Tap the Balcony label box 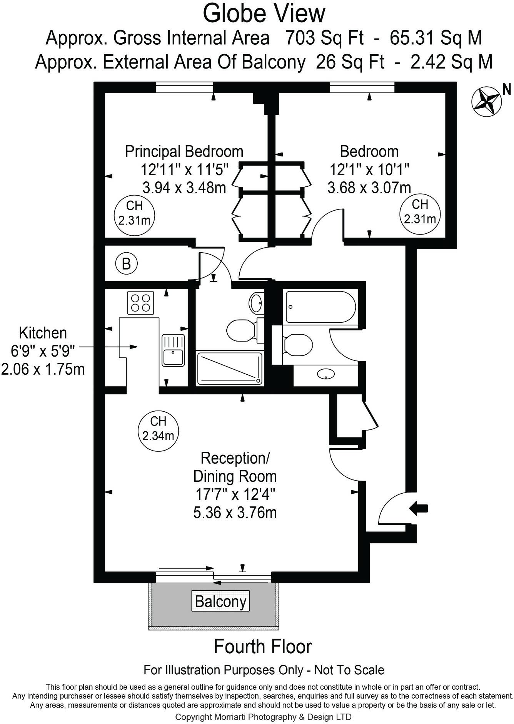(x=220, y=601)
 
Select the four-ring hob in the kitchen (x=140, y=303)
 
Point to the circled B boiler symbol (x=126, y=264)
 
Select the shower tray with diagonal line (x=230, y=368)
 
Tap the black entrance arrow (x=419, y=508)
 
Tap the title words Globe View (x=264, y=13)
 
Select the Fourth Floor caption (x=262, y=647)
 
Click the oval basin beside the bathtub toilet (x=325, y=374)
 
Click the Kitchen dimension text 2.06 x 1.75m (x=43, y=369)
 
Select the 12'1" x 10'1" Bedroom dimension (x=369, y=169)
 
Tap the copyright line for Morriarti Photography (x=263, y=717)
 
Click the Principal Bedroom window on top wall (x=184, y=88)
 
